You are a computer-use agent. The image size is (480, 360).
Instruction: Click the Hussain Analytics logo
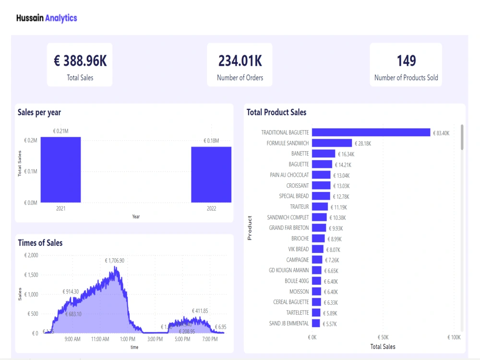point(47,18)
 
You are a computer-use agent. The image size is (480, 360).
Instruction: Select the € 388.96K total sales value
point(80,61)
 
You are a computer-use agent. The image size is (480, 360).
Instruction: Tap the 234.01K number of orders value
point(240,61)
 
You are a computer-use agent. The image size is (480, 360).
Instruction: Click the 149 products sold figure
point(406,61)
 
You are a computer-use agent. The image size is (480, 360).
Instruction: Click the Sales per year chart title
point(39,112)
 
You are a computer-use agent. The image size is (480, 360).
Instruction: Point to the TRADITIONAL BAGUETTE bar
point(371,132)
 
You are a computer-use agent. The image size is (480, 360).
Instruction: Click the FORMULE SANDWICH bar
point(332,143)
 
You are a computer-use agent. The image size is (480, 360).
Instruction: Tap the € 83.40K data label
point(441,133)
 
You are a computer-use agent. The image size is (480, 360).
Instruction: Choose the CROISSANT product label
point(298,185)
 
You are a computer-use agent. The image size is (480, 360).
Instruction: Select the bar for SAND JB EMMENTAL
point(316,324)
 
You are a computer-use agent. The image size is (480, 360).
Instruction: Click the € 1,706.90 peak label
point(115,261)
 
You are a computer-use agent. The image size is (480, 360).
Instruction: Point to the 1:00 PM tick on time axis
point(128,339)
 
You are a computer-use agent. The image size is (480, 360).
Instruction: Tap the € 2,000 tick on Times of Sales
point(31,255)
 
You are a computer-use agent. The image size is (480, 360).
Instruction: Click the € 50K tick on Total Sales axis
point(383,337)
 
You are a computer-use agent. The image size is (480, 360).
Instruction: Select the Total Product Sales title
point(276,112)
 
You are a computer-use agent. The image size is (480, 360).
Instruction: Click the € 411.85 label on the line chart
point(200,311)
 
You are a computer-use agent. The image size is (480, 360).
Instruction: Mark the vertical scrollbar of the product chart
point(462,137)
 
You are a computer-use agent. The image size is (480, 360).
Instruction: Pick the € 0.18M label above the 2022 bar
point(211,141)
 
